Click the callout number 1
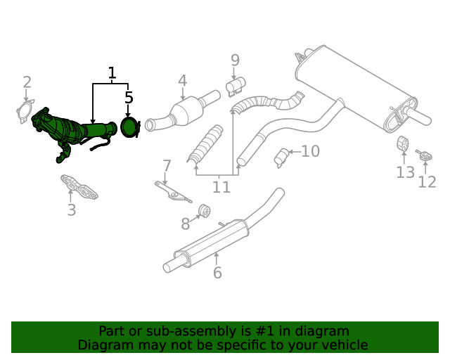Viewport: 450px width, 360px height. coord(112,72)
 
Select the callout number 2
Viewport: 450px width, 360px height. coord(27,82)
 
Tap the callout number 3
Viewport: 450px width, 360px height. coord(71,210)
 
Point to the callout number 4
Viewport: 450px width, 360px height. coord(182,80)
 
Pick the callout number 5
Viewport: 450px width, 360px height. coord(129,98)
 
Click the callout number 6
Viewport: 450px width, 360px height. coord(217,273)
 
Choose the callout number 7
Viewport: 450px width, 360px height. coord(167,166)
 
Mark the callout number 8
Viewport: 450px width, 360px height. coord(186,224)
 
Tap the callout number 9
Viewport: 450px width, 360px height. coord(235,60)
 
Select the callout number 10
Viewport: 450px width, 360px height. coord(310,150)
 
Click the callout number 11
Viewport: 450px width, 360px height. coord(221,187)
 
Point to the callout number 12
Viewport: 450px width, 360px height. coord(427,182)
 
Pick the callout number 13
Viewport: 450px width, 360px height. coord(405,172)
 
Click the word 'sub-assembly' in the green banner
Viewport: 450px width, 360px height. coord(174,331)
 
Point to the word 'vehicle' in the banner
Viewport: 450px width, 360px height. coord(344,345)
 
